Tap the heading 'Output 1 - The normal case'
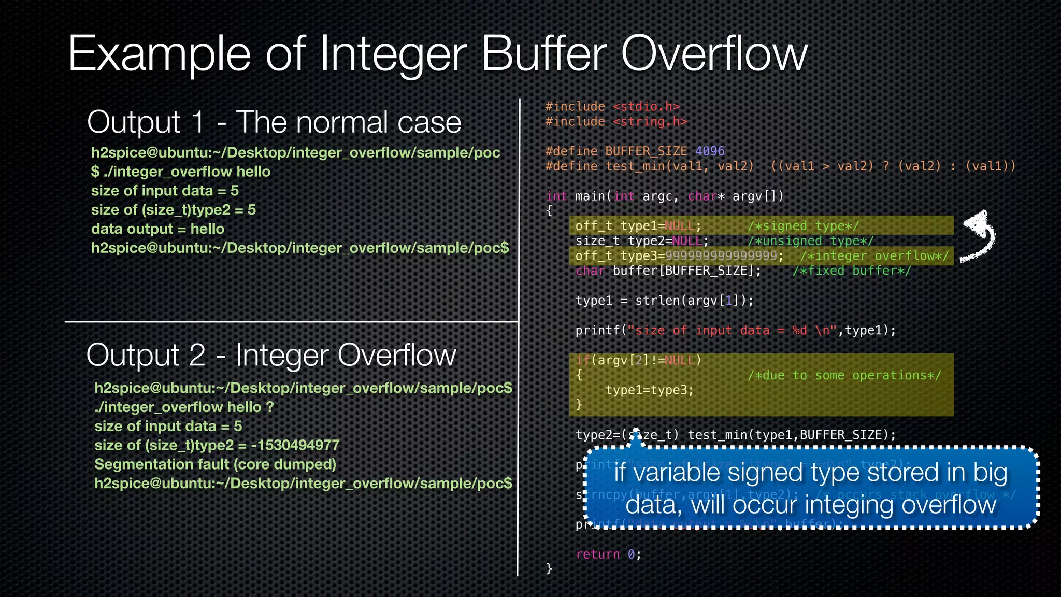[274, 122]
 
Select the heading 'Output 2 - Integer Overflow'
[271, 356]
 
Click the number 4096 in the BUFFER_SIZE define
[709, 151]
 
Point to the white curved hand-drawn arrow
[979, 236]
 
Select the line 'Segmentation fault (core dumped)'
[215, 464]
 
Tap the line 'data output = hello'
[157, 229]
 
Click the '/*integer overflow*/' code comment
[874, 256]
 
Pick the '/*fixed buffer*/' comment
[851, 271]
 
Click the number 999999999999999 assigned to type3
[721, 256]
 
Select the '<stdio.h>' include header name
[646, 107]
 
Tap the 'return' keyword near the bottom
[597, 555]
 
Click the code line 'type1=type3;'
[649, 390]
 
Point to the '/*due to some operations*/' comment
[844, 375]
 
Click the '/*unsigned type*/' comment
[810, 241]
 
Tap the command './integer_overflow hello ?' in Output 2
[184, 407]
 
